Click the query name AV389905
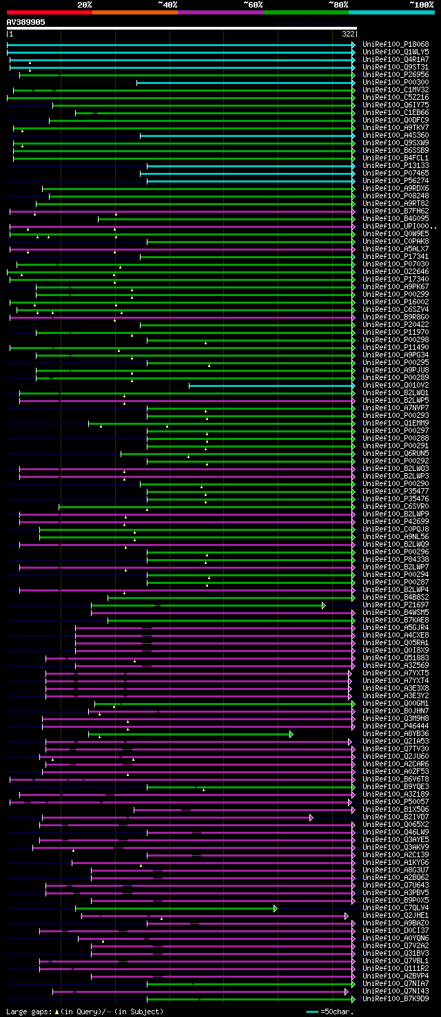click(x=26, y=22)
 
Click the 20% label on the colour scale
click(x=85, y=5)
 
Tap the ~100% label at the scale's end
click(x=421, y=5)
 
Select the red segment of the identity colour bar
click(x=49, y=12)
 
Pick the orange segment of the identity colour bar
click(x=134, y=12)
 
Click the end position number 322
click(x=348, y=34)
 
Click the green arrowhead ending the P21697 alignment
click(x=323, y=605)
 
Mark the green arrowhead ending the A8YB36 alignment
click(x=291, y=734)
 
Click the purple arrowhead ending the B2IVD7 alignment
click(x=311, y=817)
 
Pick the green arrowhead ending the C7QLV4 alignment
click(x=275, y=908)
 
